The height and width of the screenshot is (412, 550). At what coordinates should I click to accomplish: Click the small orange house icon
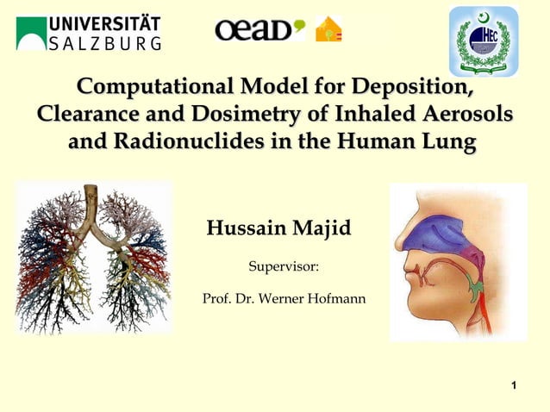[x=328, y=29]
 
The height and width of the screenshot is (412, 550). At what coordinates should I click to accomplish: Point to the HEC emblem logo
[x=484, y=40]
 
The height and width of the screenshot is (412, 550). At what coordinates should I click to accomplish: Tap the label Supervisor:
[x=284, y=269]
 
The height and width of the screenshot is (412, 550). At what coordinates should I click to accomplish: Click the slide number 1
[x=514, y=384]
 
